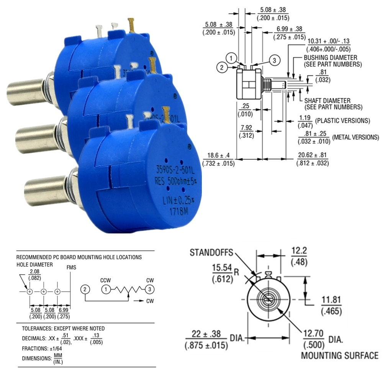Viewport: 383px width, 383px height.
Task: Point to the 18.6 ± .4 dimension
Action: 218,155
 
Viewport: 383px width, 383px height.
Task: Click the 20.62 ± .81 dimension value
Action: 312,155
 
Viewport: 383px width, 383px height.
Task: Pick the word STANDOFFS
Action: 212,252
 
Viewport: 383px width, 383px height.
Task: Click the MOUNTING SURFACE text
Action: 339,355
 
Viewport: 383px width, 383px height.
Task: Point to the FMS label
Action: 71,267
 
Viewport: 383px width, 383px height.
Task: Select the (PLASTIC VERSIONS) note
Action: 342,121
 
